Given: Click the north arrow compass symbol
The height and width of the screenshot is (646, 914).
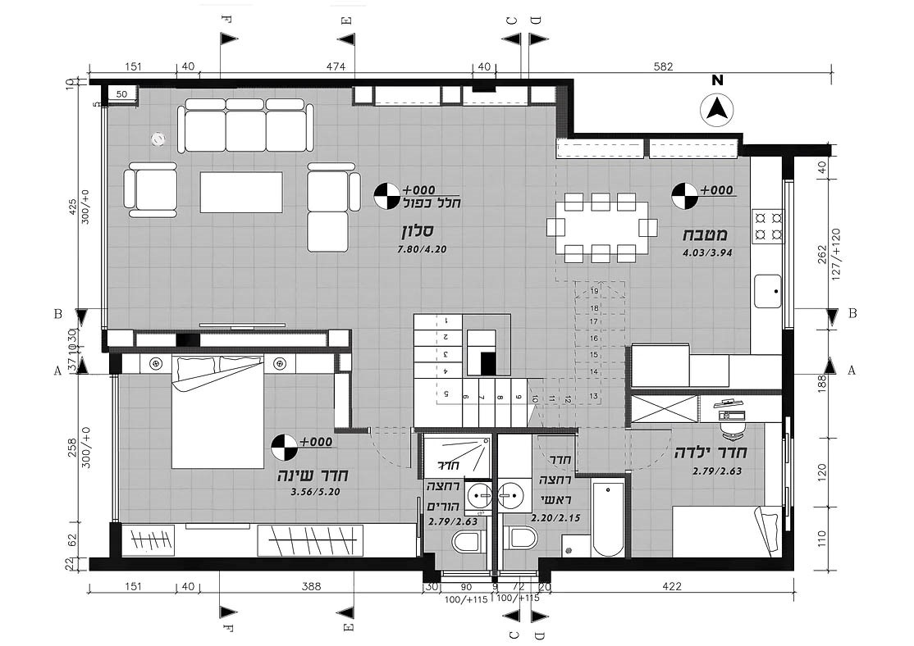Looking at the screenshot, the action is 719,110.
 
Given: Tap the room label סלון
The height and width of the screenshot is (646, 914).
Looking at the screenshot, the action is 415,231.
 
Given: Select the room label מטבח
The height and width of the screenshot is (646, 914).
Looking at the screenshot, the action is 706,235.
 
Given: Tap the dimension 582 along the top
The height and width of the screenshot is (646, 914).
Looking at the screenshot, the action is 663,66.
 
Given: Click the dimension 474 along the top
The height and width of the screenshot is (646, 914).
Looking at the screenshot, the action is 336,66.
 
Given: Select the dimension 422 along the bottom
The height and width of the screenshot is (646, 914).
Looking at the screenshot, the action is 671,586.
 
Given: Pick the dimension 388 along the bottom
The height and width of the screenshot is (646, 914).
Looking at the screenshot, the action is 311,586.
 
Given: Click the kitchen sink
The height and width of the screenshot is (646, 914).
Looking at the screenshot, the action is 768,291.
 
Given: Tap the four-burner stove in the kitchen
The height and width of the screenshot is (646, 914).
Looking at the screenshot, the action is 768,226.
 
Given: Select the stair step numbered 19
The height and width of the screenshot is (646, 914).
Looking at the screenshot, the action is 594,291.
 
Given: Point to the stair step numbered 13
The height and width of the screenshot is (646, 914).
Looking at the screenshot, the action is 593,396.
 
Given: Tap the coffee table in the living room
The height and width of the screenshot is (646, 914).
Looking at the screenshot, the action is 241,192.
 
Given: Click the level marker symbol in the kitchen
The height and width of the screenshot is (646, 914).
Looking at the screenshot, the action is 683,196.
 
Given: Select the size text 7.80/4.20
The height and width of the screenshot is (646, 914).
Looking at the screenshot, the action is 422,250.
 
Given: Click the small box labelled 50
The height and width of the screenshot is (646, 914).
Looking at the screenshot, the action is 121,93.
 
